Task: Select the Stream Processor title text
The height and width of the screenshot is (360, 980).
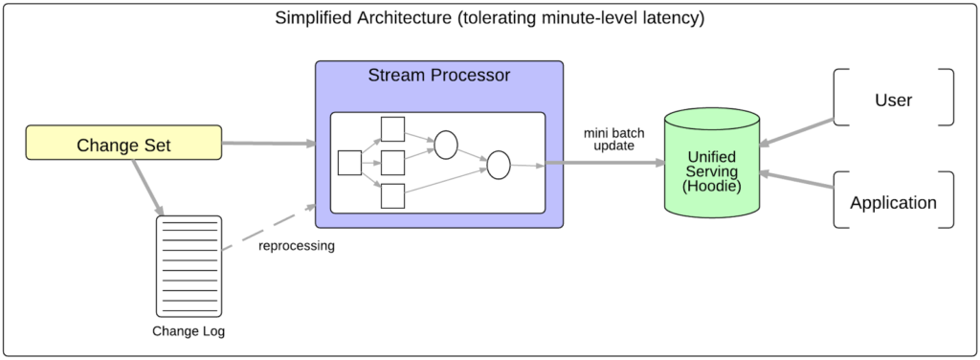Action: click(439, 76)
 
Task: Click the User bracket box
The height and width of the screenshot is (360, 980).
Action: click(894, 98)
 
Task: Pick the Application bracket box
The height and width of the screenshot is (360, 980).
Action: click(894, 201)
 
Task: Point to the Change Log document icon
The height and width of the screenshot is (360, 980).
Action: click(189, 266)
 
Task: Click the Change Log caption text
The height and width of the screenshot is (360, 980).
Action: click(189, 332)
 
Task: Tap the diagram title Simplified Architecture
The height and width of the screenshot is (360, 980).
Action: click(489, 18)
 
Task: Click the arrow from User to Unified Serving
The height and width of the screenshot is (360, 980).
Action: click(796, 134)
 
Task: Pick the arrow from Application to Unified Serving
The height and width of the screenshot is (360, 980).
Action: click(796, 182)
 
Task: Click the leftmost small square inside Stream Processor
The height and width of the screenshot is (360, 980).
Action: click(350, 163)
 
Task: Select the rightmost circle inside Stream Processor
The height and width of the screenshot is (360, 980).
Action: click(498, 165)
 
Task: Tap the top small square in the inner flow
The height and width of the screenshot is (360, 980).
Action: click(392, 129)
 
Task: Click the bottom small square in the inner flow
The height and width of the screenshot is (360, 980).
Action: click(392, 195)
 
